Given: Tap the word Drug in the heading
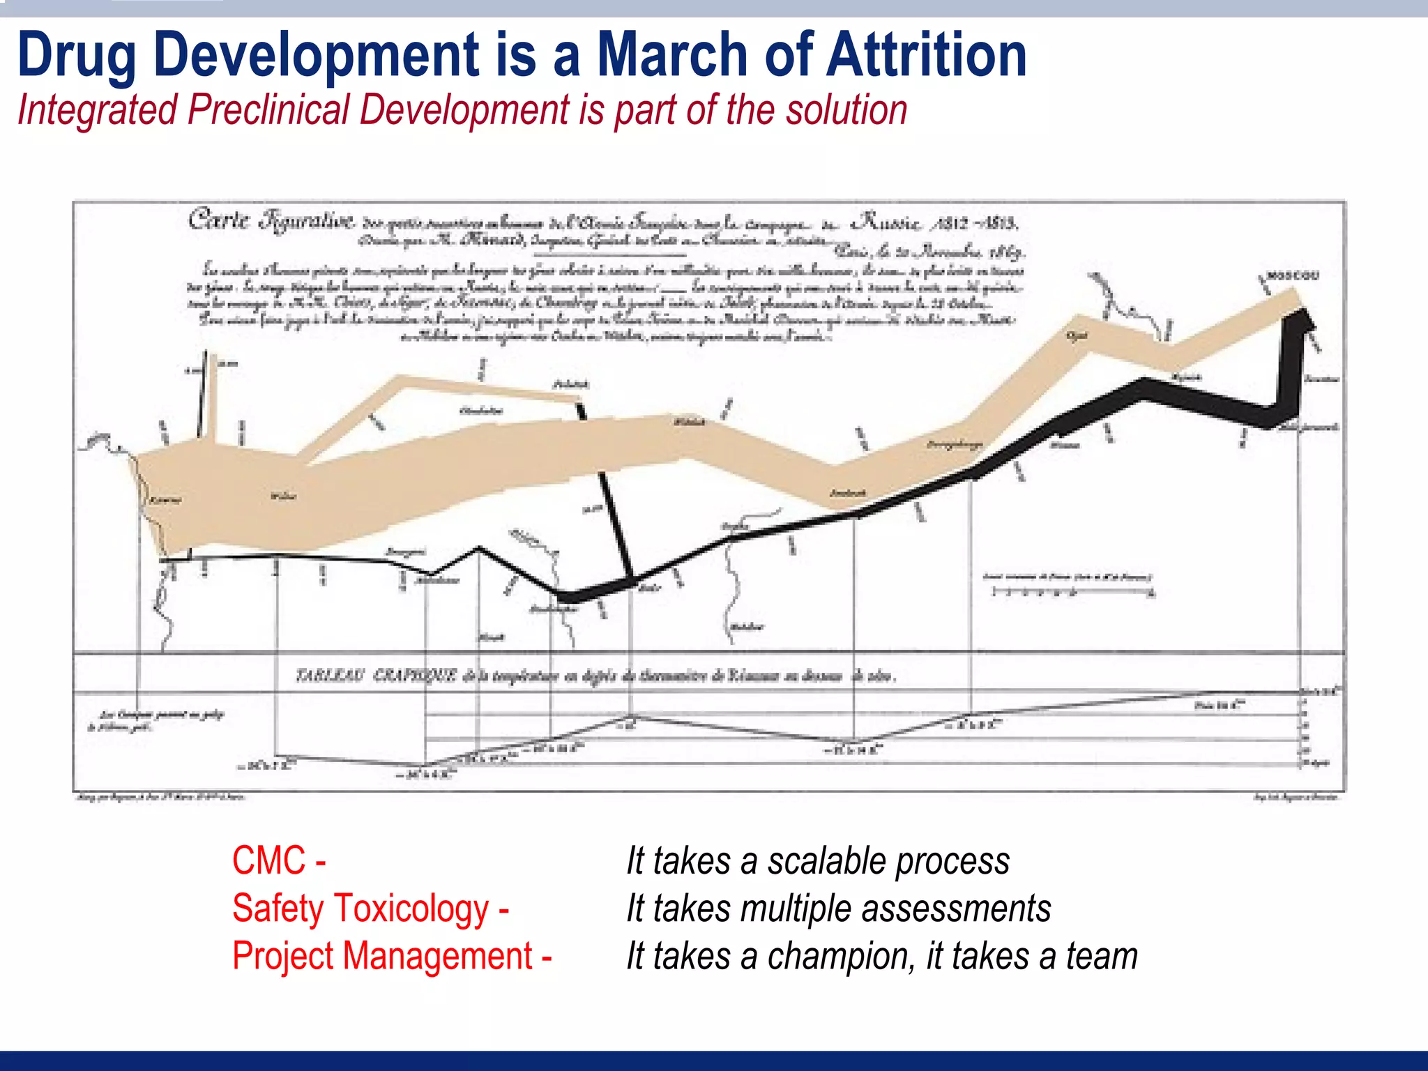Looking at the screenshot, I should point(77,56).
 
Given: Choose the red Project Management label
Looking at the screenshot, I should point(382,955).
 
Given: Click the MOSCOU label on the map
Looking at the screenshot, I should point(1293,276).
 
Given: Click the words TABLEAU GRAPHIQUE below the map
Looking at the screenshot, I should point(377,675).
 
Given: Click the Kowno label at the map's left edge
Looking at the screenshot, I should point(165,500).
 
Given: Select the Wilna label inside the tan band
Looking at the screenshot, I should point(283,496).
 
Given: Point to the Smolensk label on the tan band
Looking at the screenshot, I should point(847,493).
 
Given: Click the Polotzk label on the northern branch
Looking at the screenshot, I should point(570,384).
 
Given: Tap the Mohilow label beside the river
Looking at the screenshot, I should point(745,627).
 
